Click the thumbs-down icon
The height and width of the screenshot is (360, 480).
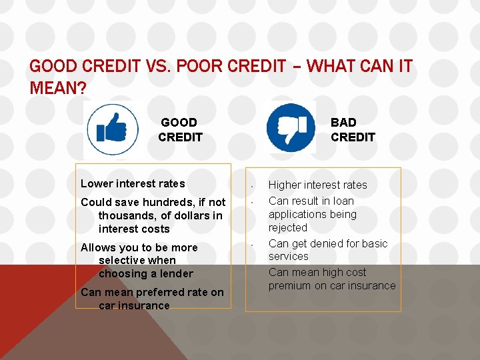(x=291, y=126)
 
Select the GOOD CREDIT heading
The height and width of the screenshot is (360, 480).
(x=180, y=130)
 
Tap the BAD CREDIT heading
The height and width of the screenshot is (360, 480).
(x=353, y=130)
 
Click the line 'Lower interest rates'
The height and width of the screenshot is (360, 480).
(x=133, y=183)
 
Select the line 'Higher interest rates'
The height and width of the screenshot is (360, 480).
(x=317, y=185)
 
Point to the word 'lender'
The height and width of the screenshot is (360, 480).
(x=176, y=273)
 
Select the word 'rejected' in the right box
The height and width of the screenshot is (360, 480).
(x=287, y=227)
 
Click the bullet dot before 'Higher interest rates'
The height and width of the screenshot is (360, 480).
(x=252, y=186)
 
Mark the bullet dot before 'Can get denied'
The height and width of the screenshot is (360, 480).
(x=252, y=245)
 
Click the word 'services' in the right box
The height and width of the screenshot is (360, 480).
(x=288, y=256)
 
